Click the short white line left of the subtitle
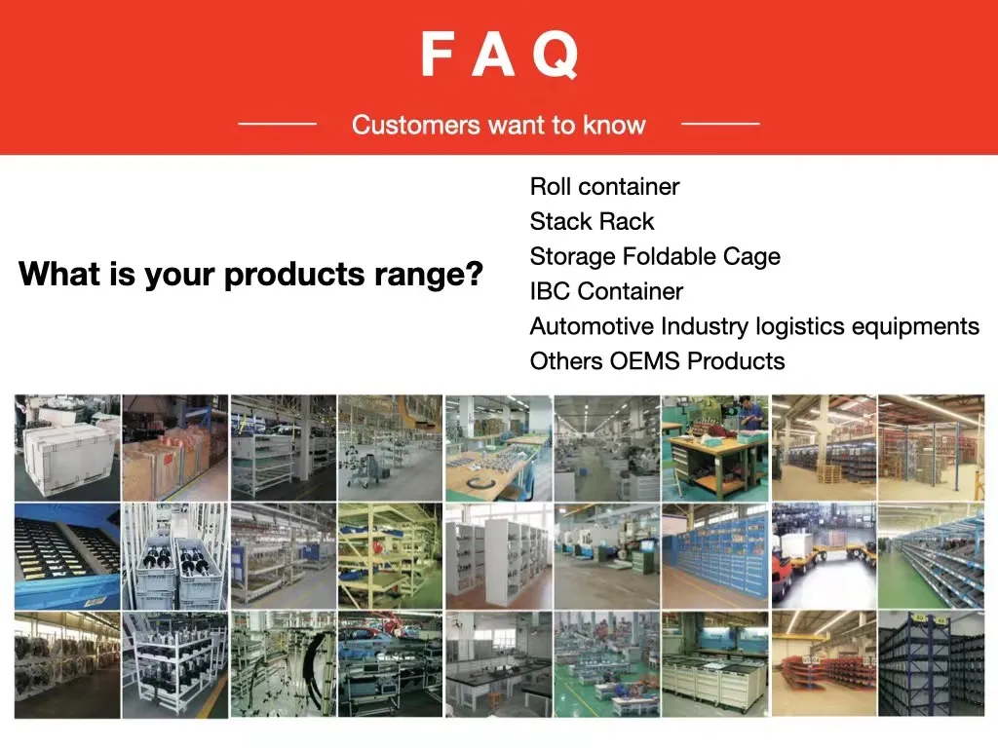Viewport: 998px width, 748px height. click(x=277, y=125)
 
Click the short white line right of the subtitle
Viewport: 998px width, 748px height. click(x=719, y=125)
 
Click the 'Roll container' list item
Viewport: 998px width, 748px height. click(x=604, y=186)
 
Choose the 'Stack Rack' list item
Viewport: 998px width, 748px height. click(x=592, y=221)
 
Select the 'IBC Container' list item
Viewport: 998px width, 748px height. click(x=606, y=291)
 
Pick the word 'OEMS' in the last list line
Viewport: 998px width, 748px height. click(x=645, y=361)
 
